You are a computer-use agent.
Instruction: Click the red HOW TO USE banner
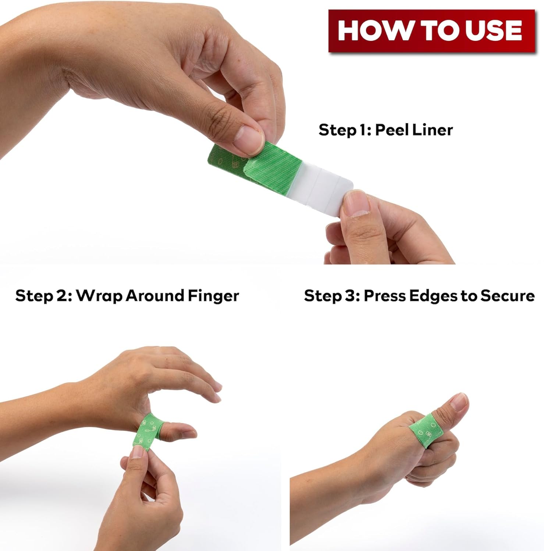coord(431,31)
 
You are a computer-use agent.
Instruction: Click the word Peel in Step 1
coord(391,130)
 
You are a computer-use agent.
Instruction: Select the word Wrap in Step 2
coord(99,296)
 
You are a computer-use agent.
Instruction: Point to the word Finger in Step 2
coord(213,296)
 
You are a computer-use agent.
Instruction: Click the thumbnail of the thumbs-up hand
coord(460,402)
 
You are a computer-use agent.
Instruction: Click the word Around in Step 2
coord(155,296)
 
